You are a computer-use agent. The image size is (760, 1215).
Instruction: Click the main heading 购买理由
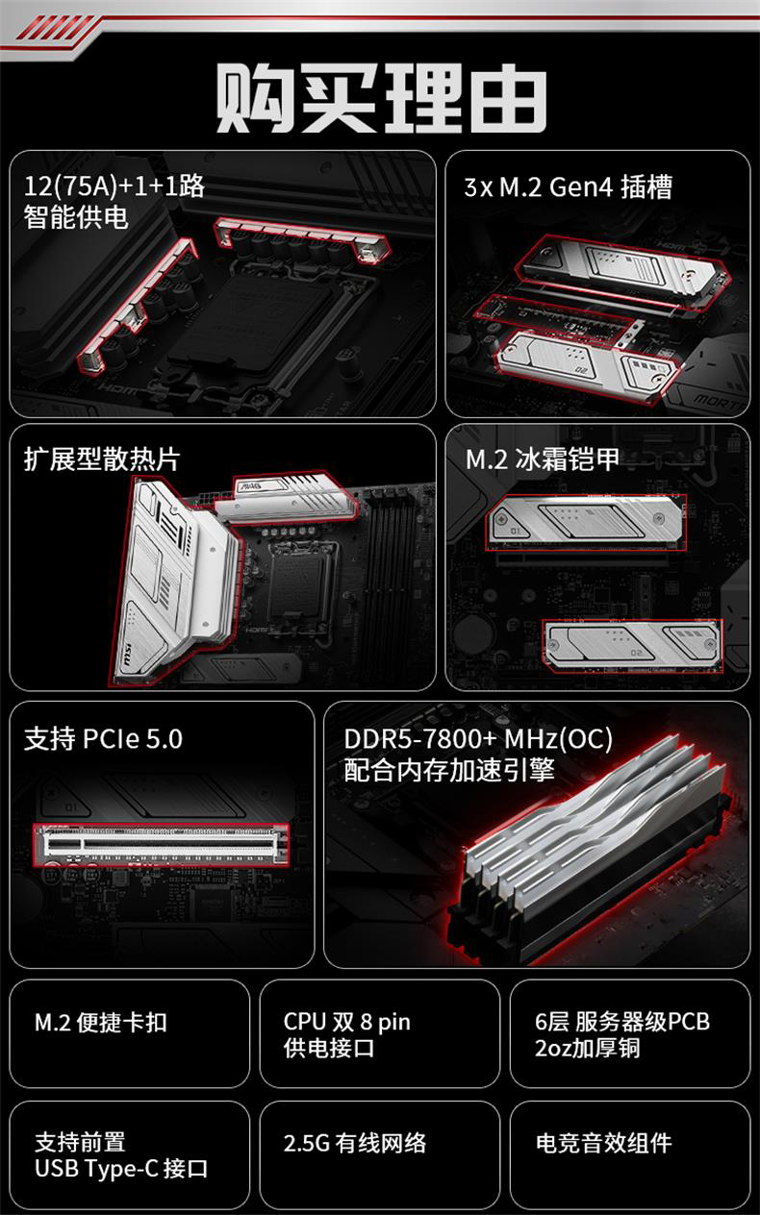(381, 98)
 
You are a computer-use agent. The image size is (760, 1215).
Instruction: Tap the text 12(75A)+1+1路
(114, 186)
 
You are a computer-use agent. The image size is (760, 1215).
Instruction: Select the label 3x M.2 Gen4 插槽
(568, 187)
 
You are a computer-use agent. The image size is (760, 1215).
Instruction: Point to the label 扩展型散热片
(102, 459)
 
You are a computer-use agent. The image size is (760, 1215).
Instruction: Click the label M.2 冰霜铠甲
(543, 459)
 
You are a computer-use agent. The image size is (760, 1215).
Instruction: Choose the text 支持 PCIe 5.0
(103, 739)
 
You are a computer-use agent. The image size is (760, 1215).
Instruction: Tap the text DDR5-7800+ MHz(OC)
(478, 739)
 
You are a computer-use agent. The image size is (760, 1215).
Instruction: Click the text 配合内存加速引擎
(449, 770)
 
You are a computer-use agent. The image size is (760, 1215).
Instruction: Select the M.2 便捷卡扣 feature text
(101, 1023)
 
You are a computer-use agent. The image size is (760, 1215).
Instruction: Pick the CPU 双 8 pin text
(347, 1022)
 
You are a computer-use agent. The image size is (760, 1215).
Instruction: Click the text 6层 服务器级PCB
(622, 1022)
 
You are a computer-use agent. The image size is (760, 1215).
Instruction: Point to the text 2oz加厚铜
(588, 1048)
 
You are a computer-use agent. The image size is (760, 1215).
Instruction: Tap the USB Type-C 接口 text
(121, 1168)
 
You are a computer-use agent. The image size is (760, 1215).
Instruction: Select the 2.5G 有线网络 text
(355, 1143)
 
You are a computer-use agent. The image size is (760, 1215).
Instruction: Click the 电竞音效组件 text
(603, 1143)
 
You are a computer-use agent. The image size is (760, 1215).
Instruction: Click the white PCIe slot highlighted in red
(162, 844)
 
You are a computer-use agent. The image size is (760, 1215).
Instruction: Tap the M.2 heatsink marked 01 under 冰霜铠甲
(585, 522)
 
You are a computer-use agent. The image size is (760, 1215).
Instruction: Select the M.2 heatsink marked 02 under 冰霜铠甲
(632, 646)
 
